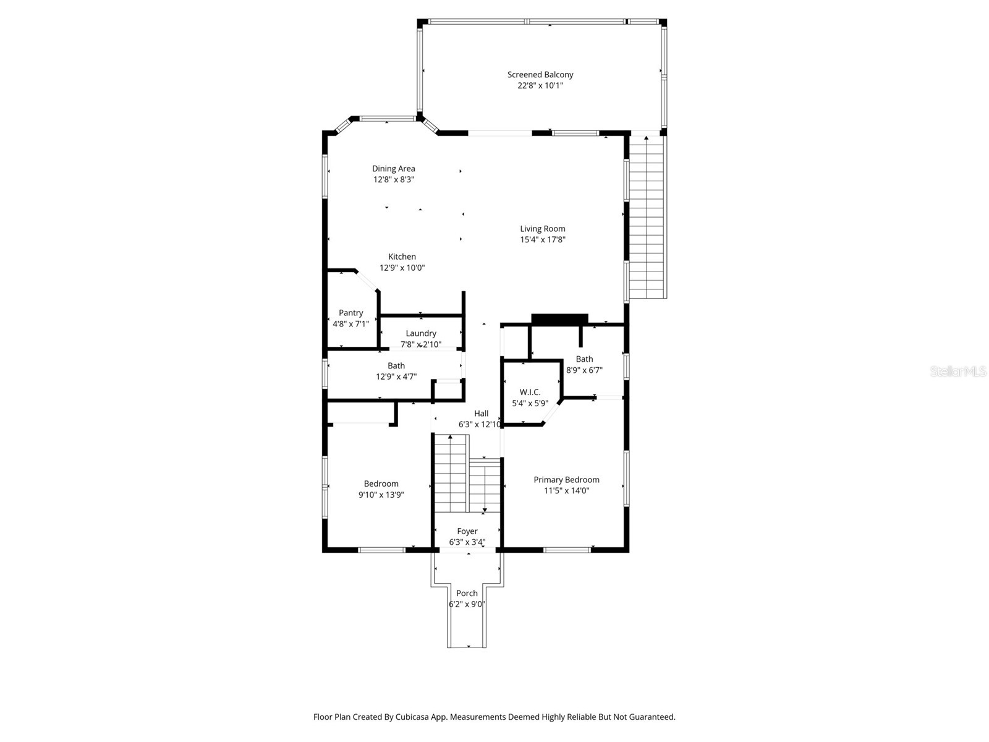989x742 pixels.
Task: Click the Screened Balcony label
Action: pos(540,75)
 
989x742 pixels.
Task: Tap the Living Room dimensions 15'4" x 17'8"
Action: pos(543,240)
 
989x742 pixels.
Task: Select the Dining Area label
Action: pos(393,169)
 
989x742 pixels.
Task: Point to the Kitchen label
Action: pos(402,257)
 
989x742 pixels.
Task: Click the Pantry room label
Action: pos(350,313)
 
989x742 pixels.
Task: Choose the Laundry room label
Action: pos(421,333)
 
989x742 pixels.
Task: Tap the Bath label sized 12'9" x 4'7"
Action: pos(396,366)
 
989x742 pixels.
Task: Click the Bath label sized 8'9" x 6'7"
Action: pos(584,359)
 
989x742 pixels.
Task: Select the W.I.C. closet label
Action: pos(530,392)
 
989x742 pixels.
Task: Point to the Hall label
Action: pos(481,414)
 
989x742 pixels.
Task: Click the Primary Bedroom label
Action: pos(566,480)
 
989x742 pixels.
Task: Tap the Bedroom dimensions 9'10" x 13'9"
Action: pos(381,495)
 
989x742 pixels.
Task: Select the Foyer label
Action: pos(467,531)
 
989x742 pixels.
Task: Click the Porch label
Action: pos(467,593)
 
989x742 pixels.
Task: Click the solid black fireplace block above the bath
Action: pos(559,319)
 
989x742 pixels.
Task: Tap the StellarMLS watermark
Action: pos(958,372)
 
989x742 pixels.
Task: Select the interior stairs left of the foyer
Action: pos(450,474)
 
